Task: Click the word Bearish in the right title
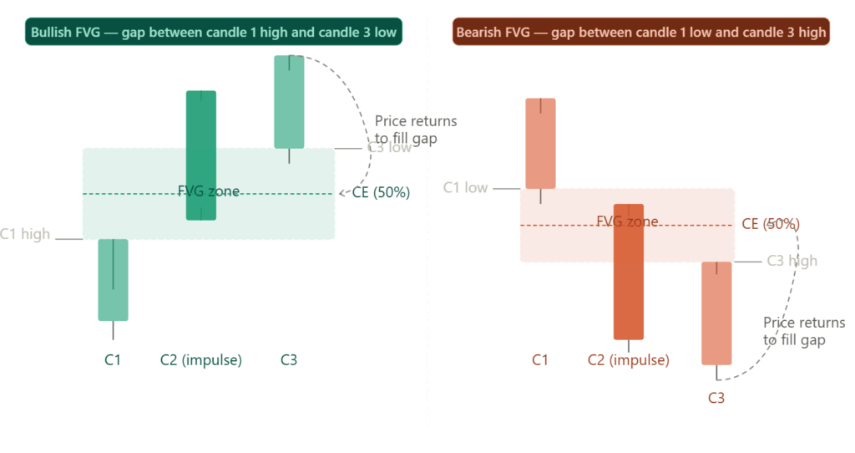[x=478, y=33]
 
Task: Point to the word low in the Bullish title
[x=385, y=33]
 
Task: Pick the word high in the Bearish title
[x=812, y=33]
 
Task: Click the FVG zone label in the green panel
[x=208, y=191]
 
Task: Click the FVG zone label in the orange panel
[x=626, y=221]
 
